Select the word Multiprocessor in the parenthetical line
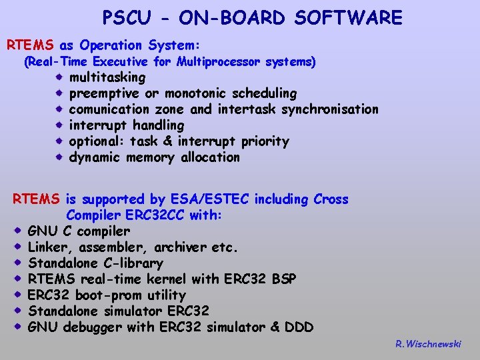point(219,62)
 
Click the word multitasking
point(107,77)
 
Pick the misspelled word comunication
point(109,109)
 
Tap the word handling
point(158,125)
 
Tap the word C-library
point(131,263)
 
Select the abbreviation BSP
point(283,279)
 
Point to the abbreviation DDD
point(299,327)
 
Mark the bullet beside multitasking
point(59,77)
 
